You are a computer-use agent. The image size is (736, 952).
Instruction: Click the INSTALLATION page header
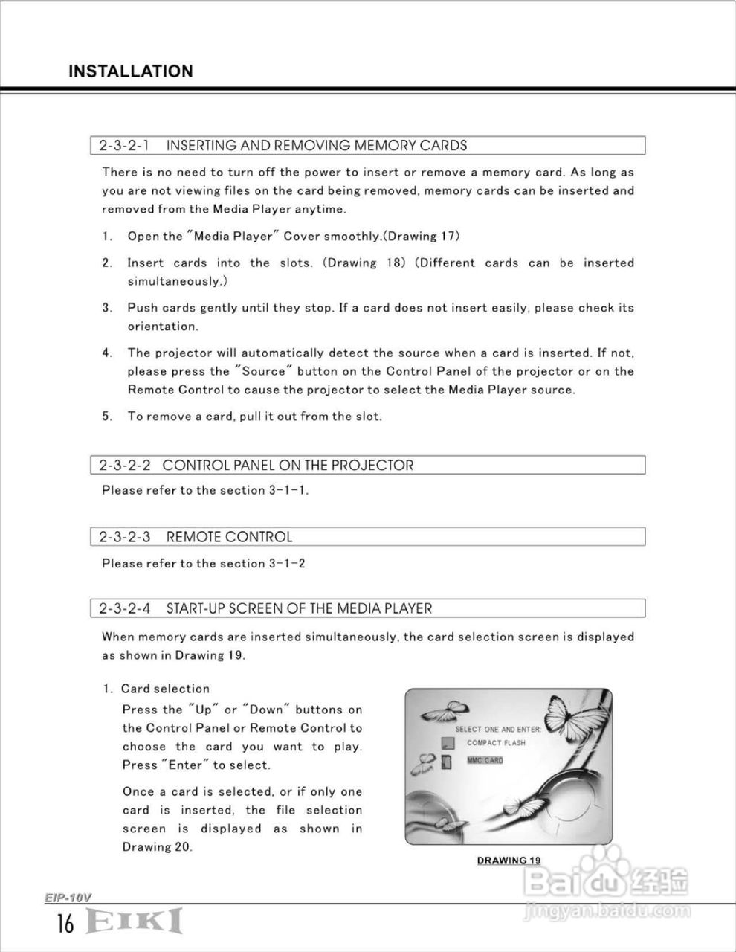click(x=130, y=71)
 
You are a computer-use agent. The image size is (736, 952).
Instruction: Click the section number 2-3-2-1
click(x=123, y=146)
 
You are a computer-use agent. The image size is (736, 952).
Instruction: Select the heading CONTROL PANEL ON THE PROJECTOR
click(x=288, y=466)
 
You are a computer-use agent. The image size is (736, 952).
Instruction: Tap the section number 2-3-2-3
click(x=124, y=537)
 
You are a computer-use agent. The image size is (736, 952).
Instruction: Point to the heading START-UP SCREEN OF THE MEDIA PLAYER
click(x=298, y=608)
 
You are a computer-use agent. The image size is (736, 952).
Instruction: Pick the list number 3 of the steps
click(x=107, y=308)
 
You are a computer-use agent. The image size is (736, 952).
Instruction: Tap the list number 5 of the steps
click(x=107, y=416)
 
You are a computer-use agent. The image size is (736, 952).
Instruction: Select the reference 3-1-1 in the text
click(x=287, y=491)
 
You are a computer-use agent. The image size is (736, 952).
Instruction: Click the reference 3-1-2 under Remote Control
click(x=286, y=564)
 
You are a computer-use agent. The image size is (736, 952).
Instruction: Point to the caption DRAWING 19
click(x=509, y=861)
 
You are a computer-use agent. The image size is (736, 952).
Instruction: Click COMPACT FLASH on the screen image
click(x=496, y=743)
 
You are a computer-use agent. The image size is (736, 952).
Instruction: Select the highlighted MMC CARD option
click(x=485, y=760)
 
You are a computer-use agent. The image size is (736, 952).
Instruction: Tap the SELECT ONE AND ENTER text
click(x=497, y=730)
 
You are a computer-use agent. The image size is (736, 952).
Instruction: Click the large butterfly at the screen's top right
click(x=576, y=714)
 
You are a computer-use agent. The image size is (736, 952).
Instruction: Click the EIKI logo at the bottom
click(x=134, y=921)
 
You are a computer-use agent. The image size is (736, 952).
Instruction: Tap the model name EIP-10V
click(x=67, y=898)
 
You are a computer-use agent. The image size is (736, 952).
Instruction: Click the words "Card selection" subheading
click(x=165, y=689)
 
